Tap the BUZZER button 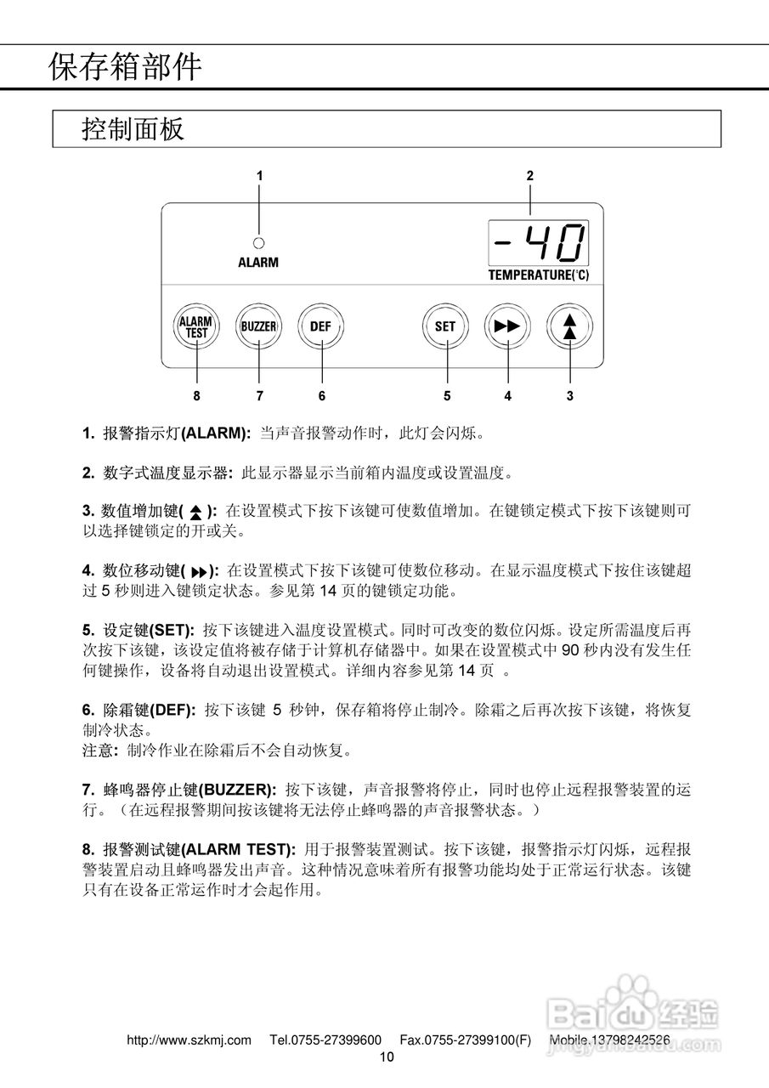259,326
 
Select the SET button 445,326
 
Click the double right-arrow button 507,326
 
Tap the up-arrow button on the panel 569,326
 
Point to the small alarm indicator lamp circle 258,241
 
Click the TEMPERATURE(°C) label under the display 539,275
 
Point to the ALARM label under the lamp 258,263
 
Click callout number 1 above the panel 259,176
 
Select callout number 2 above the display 530,176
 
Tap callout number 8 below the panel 197,395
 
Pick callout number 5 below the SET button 446,395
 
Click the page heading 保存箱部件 125,66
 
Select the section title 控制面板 133,129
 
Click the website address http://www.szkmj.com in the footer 189,1040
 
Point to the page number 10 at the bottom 387,1057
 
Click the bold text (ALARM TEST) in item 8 240,849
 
